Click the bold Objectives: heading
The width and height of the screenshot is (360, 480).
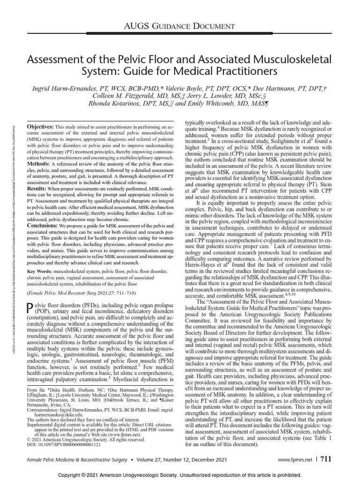pyautogui.click(x=40, y=127)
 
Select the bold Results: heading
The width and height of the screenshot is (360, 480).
pyautogui.click(x=38, y=187)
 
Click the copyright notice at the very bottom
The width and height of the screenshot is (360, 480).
pyautogui.click(x=180, y=475)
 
